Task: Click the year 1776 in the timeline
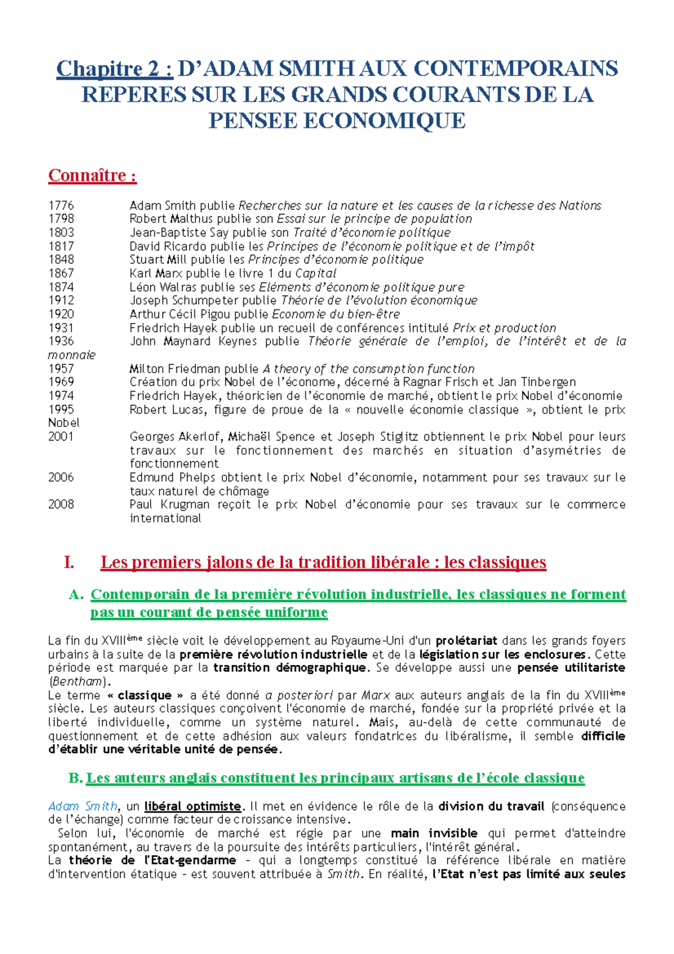point(61,206)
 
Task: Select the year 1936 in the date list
point(61,341)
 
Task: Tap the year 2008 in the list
point(61,505)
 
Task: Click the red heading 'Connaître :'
point(92,175)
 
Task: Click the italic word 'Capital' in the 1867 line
point(316,274)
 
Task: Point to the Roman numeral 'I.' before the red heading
point(69,562)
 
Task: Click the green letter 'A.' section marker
point(76,594)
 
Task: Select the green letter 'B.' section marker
point(75,778)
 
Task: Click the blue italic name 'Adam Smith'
point(83,807)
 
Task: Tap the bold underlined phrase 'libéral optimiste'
point(193,807)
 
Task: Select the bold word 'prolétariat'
point(466,641)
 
